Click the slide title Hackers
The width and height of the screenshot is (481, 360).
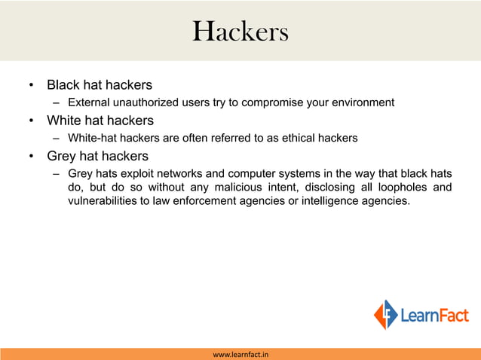(x=240, y=32)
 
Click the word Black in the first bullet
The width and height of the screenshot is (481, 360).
(x=63, y=84)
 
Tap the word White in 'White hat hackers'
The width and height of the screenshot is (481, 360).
(x=64, y=121)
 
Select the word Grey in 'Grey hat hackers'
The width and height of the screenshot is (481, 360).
(x=63, y=157)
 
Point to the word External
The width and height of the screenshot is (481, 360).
(x=88, y=102)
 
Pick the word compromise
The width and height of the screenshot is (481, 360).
(x=276, y=102)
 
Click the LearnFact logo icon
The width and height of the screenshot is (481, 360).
(x=385, y=315)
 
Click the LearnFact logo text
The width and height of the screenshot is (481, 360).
(x=434, y=316)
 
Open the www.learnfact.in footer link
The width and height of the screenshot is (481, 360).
(x=240, y=354)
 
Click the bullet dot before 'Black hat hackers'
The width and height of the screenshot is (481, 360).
(x=31, y=85)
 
